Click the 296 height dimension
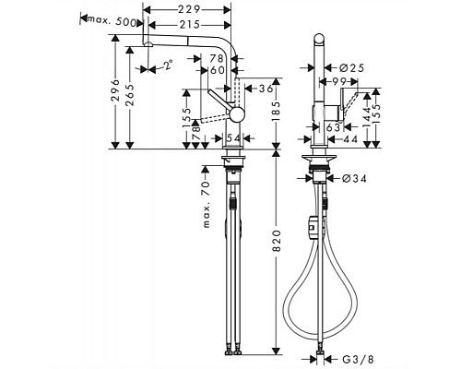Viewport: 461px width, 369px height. pos(112,91)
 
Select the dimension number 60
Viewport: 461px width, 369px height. pos(219,70)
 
